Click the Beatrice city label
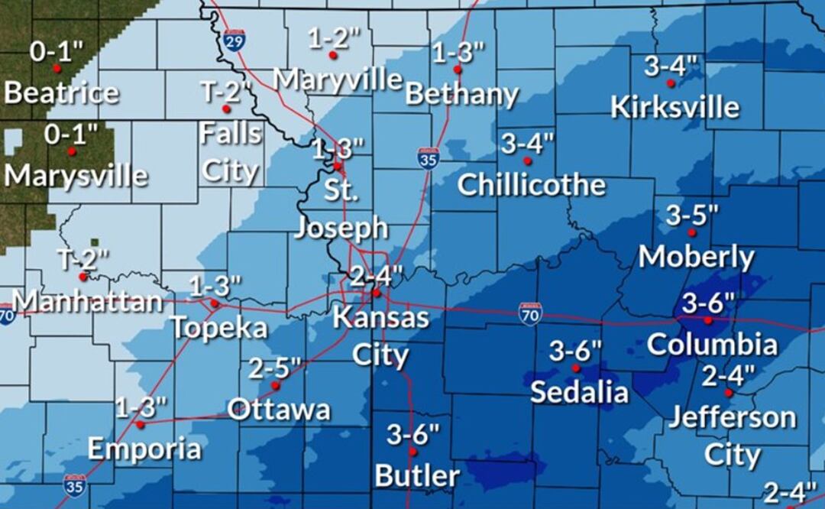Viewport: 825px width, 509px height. (x=61, y=93)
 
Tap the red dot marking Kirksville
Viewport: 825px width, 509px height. (x=671, y=83)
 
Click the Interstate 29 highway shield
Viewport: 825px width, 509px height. (x=235, y=39)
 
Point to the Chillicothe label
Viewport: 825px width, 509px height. (x=532, y=185)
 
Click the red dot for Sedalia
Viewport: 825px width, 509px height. (x=576, y=368)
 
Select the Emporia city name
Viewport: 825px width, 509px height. (x=144, y=449)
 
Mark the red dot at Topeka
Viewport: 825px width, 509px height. (x=215, y=303)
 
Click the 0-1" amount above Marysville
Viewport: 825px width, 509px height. (x=71, y=134)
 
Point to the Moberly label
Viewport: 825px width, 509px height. (x=696, y=257)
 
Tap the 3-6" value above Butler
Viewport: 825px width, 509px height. (x=413, y=435)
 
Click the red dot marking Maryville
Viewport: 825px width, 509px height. (x=333, y=55)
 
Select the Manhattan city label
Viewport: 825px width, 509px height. (x=88, y=301)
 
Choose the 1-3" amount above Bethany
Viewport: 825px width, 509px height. (x=458, y=53)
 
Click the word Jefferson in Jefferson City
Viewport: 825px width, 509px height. (x=732, y=418)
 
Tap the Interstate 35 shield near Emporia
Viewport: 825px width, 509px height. (x=74, y=485)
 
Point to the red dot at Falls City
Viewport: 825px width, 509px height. (x=226, y=109)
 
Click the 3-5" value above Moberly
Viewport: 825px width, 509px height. (x=691, y=215)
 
